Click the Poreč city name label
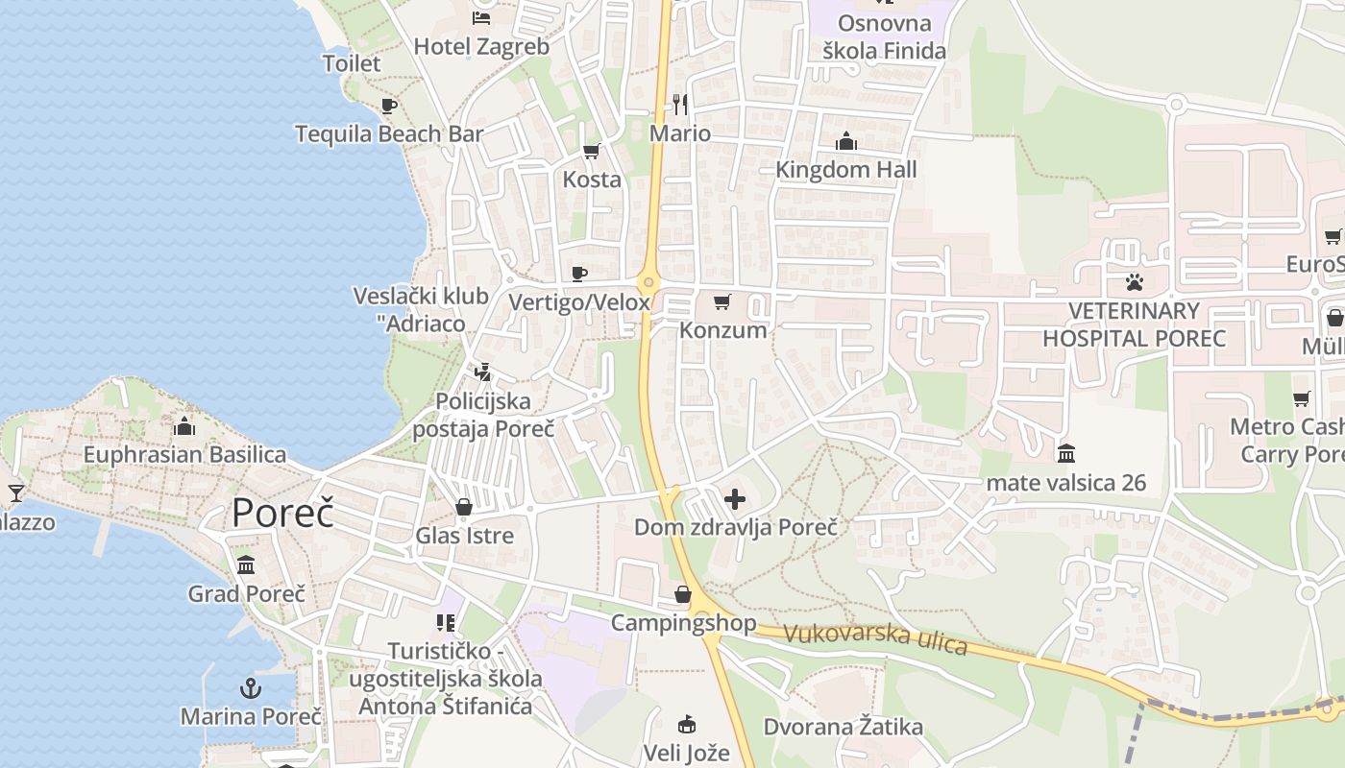(x=282, y=514)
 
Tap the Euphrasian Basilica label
(x=184, y=454)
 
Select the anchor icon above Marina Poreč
(x=251, y=687)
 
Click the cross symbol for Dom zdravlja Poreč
(x=735, y=499)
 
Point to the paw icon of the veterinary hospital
(x=1135, y=282)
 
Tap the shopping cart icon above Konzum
(x=722, y=302)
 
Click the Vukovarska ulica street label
(x=875, y=638)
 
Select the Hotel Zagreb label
(x=481, y=46)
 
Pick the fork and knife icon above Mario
(x=680, y=104)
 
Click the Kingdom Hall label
(x=846, y=170)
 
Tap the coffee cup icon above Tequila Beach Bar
(x=388, y=106)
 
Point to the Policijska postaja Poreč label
(x=483, y=415)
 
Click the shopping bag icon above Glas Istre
(x=464, y=506)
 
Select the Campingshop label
(x=684, y=623)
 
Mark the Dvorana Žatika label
(x=844, y=727)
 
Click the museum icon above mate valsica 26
(x=1066, y=453)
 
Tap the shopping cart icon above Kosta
(x=592, y=151)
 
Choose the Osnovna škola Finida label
(x=884, y=36)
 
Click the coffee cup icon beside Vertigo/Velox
(x=579, y=275)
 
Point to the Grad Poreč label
(x=247, y=593)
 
